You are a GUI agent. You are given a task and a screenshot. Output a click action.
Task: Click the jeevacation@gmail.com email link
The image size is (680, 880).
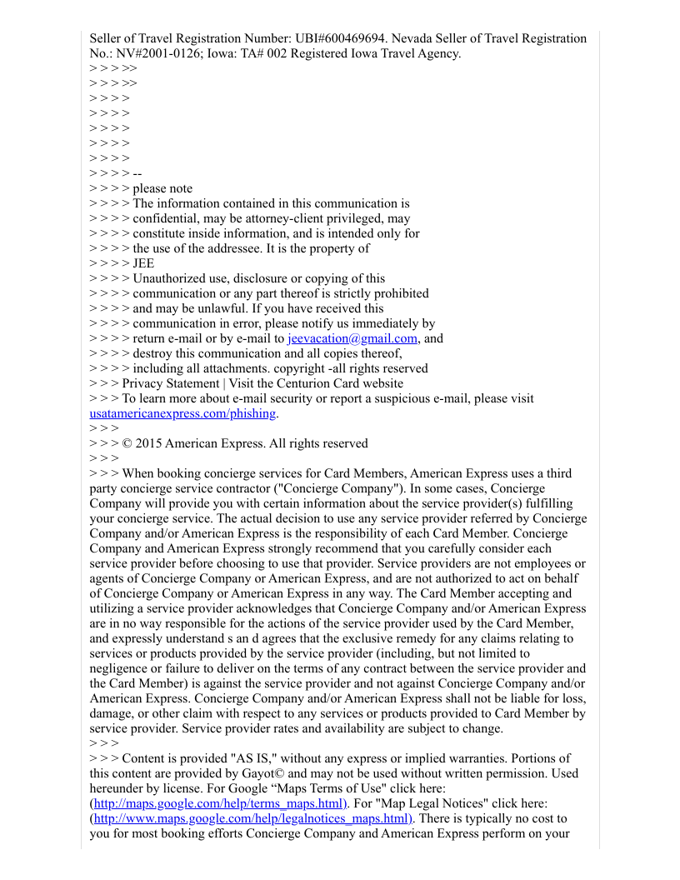point(352,338)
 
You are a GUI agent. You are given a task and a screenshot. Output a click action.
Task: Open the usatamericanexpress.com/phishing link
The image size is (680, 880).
point(182,413)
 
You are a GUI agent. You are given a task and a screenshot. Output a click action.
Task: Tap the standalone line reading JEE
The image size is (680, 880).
point(143,263)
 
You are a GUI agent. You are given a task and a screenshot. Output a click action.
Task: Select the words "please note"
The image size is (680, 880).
point(162,188)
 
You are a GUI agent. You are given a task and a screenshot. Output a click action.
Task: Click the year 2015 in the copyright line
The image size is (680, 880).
point(148,443)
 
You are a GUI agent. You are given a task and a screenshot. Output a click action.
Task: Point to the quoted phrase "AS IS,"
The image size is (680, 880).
point(254,758)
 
